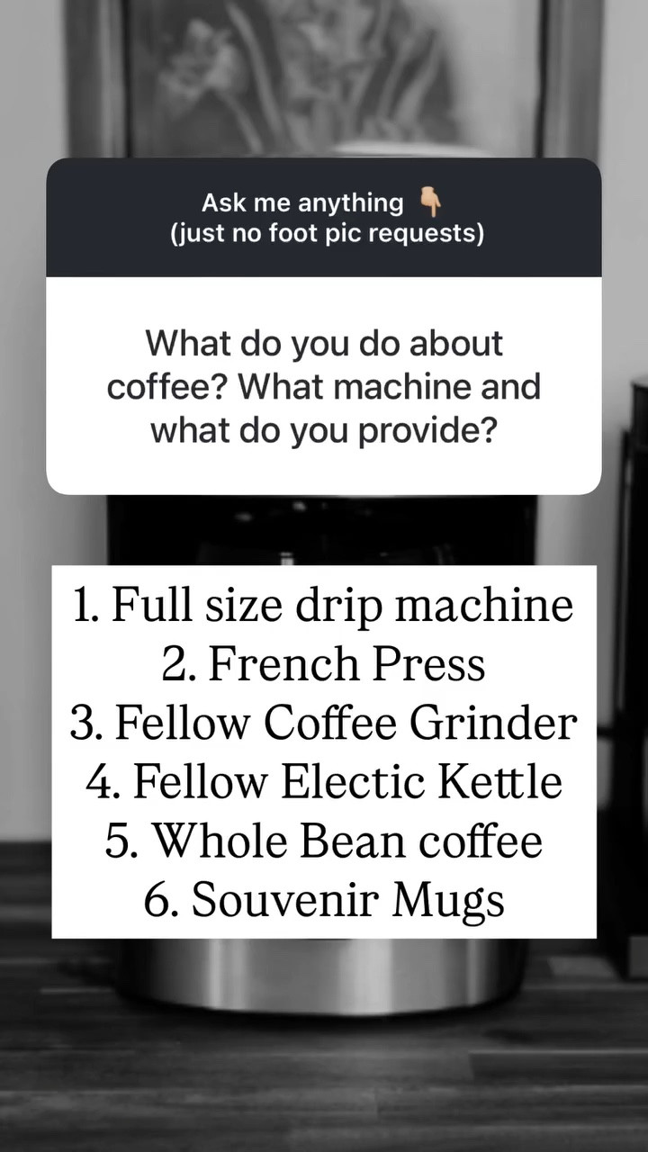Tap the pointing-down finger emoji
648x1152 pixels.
coord(431,202)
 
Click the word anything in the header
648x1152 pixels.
coord(351,203)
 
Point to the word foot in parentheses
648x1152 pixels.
coord(266,233)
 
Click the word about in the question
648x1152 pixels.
coord(457,344)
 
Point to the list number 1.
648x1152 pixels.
coord(85,606)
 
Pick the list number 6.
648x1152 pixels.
coord(158,899)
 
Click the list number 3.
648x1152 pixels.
coord(84,723)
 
